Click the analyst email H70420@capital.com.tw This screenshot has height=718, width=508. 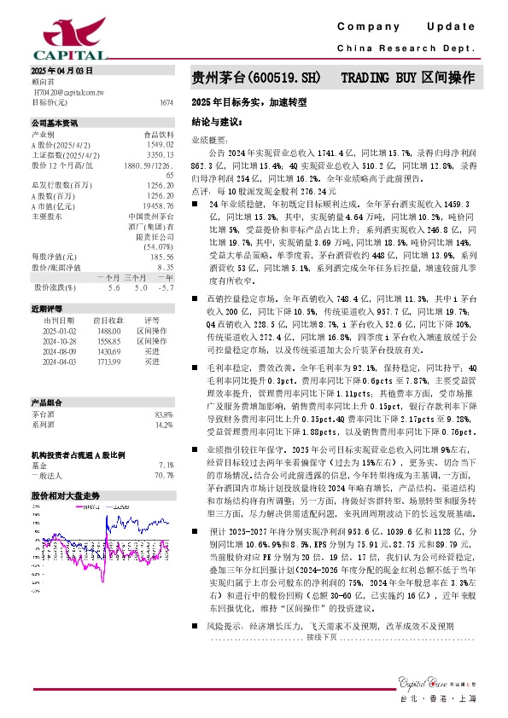pyautogui.click(x=68, y=90)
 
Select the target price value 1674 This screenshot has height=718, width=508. pyautogui.click(x=166, y=102)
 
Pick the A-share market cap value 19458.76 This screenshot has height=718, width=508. pyautogui.click(x=160, y=206)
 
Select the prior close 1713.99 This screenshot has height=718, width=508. pyautogui.click(x=108, y=362)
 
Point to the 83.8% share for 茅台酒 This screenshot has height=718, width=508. pyautogui.click(x=164, y=413)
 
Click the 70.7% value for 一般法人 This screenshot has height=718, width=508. pyautogui.click(x=164, y=475)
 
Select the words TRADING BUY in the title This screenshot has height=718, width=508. pyautogui.click(x=380, y=78)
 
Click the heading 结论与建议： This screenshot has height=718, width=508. pyautogui.click(x=213, y=121)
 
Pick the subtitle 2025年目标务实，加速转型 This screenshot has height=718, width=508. pyautogui.click(x=248, y=102)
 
